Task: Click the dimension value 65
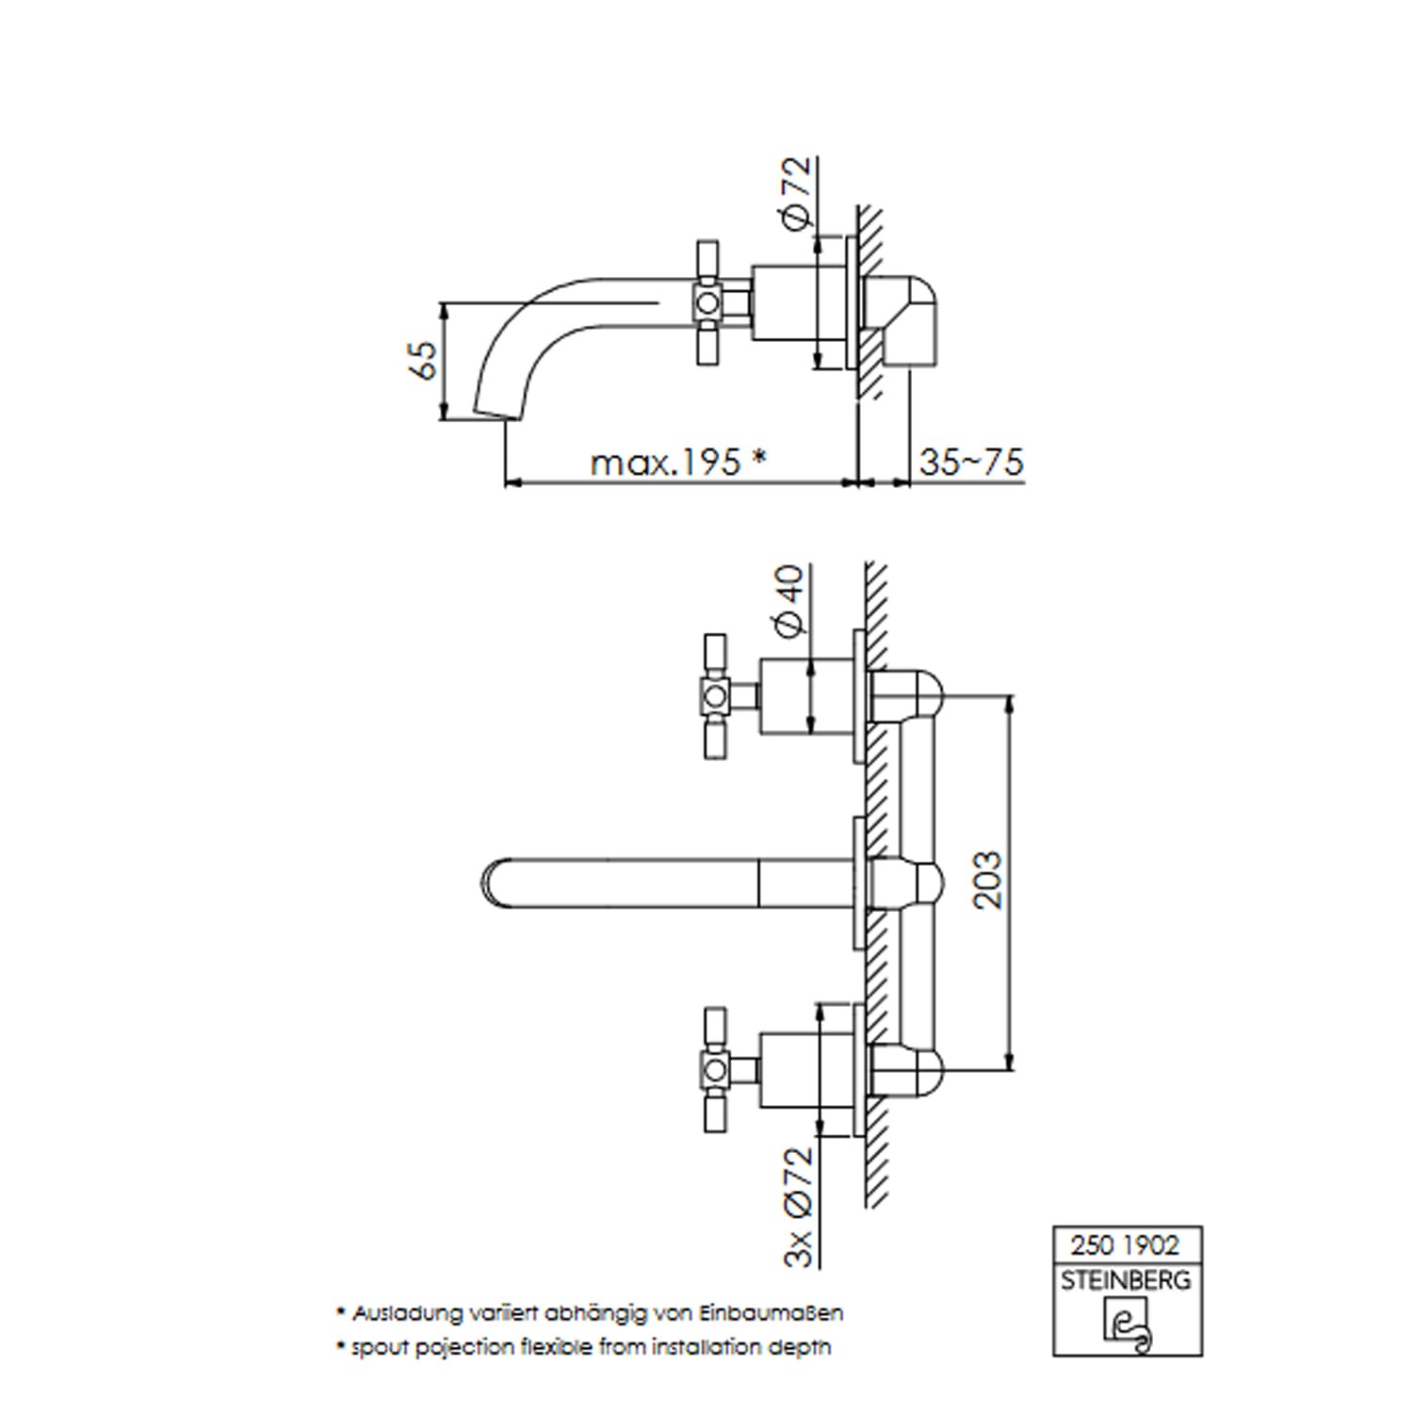426,360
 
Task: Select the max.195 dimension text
666,462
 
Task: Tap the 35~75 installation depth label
971,462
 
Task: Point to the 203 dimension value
987,880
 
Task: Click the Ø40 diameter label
789,599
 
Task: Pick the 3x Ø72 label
797,1207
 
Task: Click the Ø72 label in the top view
796,192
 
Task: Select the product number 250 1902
1125,1245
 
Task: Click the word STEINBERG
1126,1280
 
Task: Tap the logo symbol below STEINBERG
1128,1324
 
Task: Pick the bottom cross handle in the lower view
715,1070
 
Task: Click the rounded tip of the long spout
492,885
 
